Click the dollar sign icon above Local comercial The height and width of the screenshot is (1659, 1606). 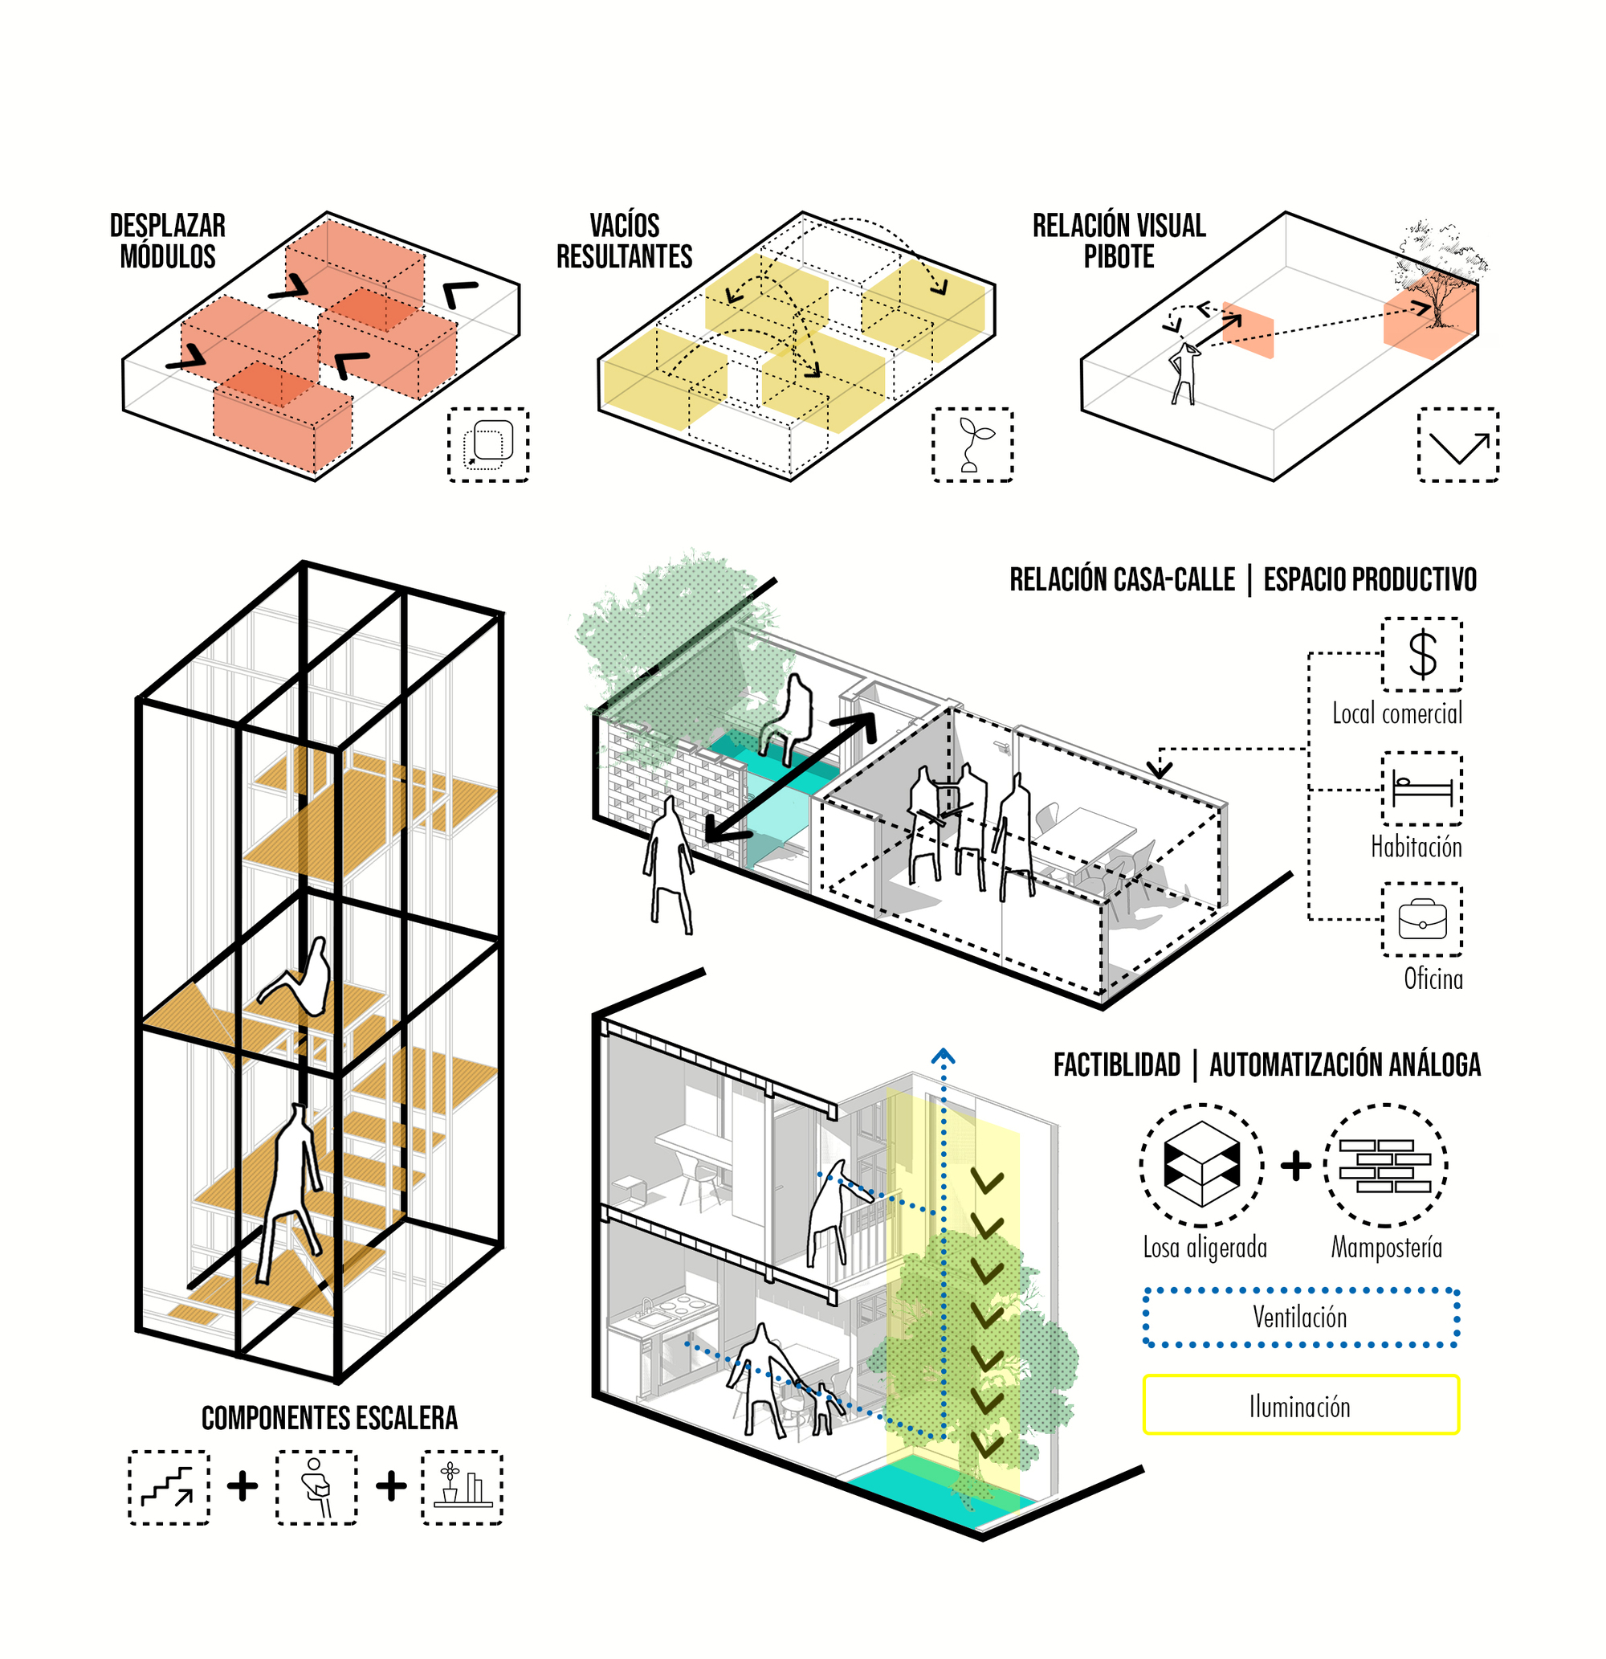click(1422, 654)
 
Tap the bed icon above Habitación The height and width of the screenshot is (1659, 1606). click(1422, 789)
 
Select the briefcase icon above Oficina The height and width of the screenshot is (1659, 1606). click(1422, 919)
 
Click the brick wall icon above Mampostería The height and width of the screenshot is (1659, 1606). click(1385, 1166)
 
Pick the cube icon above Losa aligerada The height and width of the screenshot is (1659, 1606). click(1201, 1166)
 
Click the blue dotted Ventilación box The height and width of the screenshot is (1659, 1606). click(1301, 1318)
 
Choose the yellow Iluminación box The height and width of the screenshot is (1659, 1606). click(1301, 1406)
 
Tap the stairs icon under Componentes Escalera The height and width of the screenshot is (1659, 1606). click(169, 1487)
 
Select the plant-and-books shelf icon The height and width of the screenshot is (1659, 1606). click(462, 1487)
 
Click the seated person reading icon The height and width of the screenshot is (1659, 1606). click(316, 1487)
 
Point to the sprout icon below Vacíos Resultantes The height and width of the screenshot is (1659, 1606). click(973, 445)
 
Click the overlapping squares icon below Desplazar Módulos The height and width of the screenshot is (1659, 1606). click(488, 445)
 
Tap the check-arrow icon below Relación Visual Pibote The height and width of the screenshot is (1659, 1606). click(1458, 445)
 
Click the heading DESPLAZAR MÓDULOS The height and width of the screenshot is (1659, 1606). click(168, 241)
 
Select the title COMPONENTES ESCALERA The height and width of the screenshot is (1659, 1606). click(329, 1418)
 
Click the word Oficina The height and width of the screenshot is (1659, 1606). click(1433, 979)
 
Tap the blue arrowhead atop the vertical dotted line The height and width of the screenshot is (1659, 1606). click(944, 1056)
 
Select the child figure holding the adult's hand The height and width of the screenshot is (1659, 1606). click(824, 1408)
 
